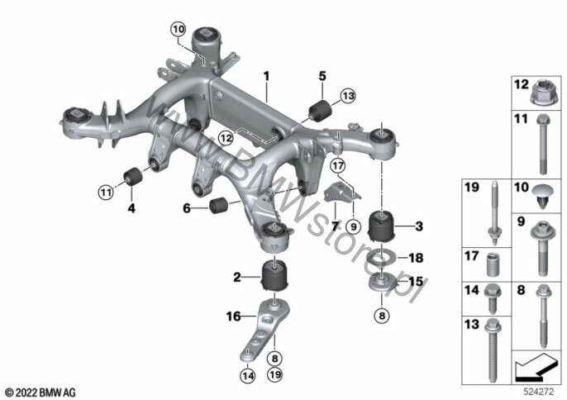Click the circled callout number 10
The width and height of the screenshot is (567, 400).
[x=179, y=29]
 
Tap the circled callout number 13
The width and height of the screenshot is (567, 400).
[x=348, y=96]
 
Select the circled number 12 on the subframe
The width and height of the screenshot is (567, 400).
[x=226, y=138]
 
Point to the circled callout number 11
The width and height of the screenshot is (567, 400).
[x=106, y=192]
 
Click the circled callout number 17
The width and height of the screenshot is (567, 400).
[x=338, y=166]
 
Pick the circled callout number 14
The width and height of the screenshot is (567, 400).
[x=248, y=376]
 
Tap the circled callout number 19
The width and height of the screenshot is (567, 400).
[x=275, y=374]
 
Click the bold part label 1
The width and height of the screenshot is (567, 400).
[x=266, y=76]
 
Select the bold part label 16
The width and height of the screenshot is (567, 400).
[x=233, y=317]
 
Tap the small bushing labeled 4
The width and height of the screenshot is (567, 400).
[x=132, y=176]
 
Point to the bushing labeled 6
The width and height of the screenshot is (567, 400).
[x=218, y=205]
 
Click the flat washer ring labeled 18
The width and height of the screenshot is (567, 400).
[x=379, y=258]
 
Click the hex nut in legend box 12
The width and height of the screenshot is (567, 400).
[x=543, y=96]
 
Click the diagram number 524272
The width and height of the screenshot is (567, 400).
[x=539, y=391]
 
